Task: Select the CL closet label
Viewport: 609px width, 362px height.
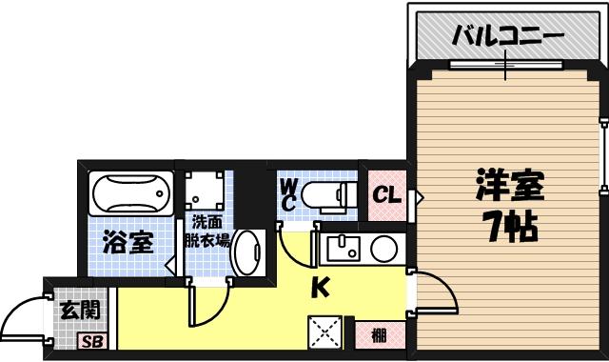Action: [x=384, y=196]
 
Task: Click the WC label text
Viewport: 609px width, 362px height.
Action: [x=287, y=195]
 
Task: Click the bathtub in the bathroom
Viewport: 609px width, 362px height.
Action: [x=132, y=195]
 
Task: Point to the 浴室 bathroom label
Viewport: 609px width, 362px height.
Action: [x=128, y=242]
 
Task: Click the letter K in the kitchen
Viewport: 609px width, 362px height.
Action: [x=322, y=284]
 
